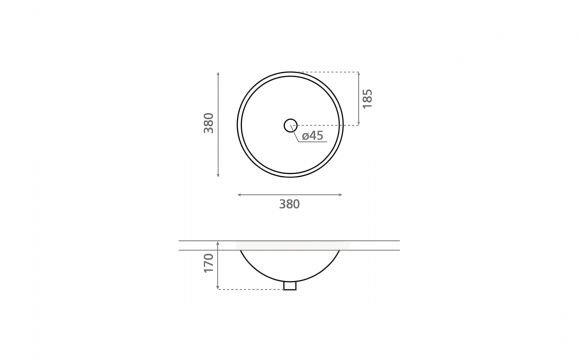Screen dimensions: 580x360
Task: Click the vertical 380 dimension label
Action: tap(209, 123)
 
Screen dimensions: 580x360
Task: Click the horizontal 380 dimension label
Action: tap(289, 204)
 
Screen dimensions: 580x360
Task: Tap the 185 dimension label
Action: tap(367, 99)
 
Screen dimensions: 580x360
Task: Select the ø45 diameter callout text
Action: tap(313, 135)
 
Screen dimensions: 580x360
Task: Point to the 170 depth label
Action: tap(209, 263)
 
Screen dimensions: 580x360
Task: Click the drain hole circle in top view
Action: tap(291, 125)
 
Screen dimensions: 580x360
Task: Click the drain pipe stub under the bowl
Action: tap(290, 286)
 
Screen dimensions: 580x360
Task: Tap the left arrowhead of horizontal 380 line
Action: tap(240, 195)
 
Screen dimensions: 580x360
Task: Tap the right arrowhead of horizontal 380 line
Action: tap(340, 195)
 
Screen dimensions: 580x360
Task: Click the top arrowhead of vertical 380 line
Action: tap(218, 74)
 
